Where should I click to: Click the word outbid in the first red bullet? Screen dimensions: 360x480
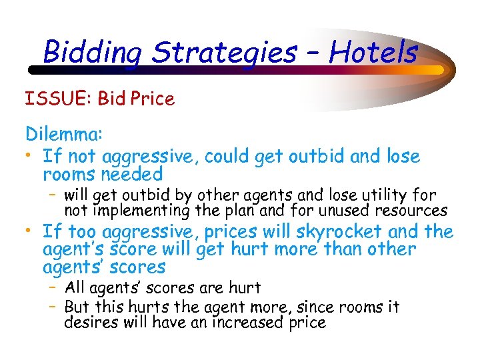[x=316, y=157]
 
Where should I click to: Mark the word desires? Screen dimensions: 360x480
[x=90, y=323]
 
